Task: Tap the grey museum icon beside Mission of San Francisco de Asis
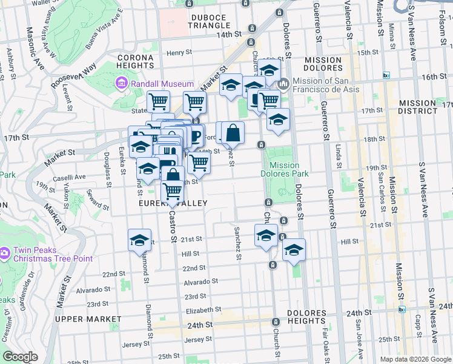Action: click(283, 84)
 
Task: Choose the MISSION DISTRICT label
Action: click(417, 107)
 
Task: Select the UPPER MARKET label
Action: click(88, 318)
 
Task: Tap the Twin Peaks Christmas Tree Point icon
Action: click(5, 251)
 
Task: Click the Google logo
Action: click(20, 357)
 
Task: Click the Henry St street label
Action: click(179, 53)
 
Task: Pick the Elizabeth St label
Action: click(200, 310)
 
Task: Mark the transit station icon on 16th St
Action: click(386, 75)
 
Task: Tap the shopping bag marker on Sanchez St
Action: click(233, 132)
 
